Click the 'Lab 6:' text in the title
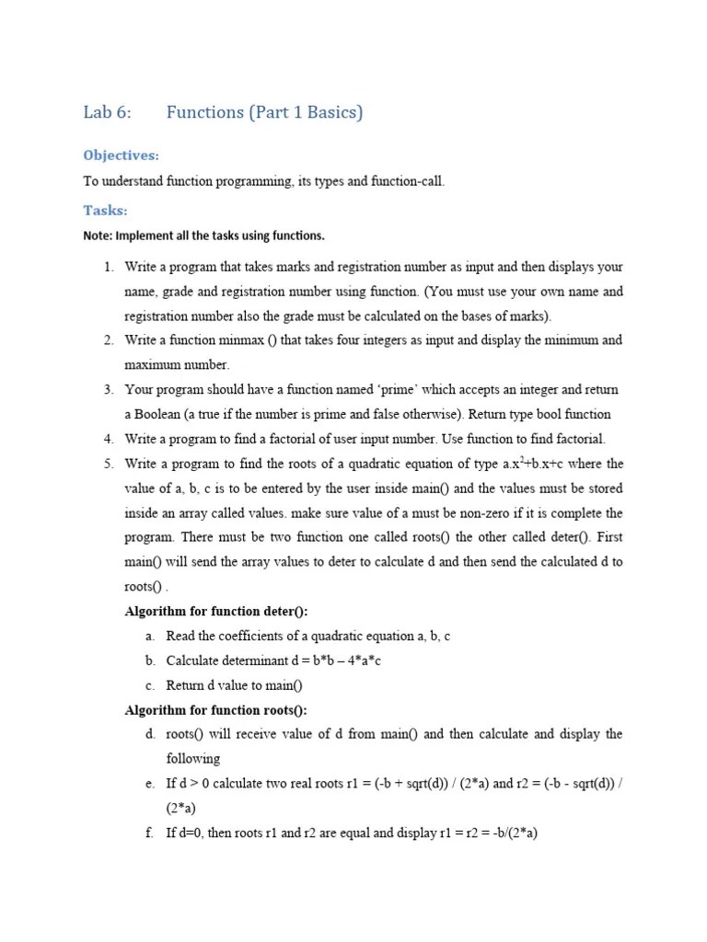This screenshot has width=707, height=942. pyautogui.click(x=108, y=113)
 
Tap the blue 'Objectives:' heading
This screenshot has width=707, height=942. pyautogui.click(x=121, y=155)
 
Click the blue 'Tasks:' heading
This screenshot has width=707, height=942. pyautogui.click(x=105, y=210)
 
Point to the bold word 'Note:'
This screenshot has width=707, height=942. pyautogui.click(x=97, y=235)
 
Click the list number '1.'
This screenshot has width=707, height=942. pyautogui.click(x=108, y=267)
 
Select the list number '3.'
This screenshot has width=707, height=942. pyautogui.click(x=108, y=390)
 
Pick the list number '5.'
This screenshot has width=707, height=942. pyautogui.click(x=108, y=464)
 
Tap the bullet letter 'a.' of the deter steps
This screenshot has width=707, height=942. pyautogui.click(x=149, y=637)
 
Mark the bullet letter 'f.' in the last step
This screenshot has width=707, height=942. pyautogui.click(x=149, y=833)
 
